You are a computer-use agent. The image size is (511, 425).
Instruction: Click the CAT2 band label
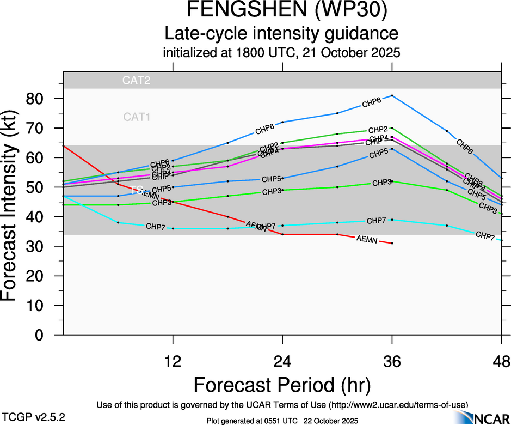click(x=136, y=81)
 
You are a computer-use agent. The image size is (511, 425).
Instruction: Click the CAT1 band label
click(x=137, y=117)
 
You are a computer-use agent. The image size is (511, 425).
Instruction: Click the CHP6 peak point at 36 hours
click(x=392, y=95)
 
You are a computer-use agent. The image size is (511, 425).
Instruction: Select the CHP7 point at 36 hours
click(x=392, y=220)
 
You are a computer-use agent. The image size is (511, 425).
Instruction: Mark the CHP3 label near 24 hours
click(x=272, y=191)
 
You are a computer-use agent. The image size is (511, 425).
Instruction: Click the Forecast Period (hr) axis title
click(x=282, y=385)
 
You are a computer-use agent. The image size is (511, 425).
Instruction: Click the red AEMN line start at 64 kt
click(x=64, y=145)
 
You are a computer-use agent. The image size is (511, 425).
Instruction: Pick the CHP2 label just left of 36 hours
click(x=378, y=130)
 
